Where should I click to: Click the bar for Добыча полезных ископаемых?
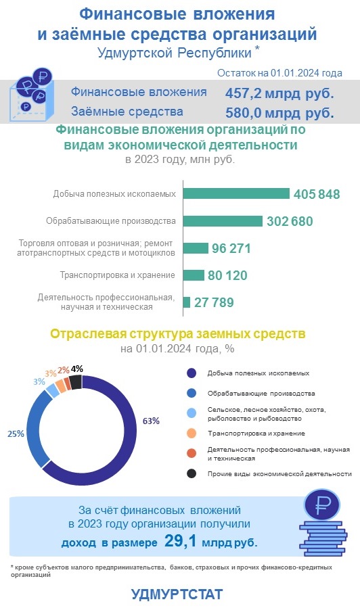pos(236,193)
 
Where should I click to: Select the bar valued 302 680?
pos(223,220)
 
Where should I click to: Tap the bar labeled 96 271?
pos(196,248)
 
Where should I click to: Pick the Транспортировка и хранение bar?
pos(194,275)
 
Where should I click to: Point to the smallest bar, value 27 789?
pos(187,302)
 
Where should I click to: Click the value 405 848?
pos(317,194)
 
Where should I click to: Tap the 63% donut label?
pos(151,421)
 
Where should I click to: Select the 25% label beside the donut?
pos(16,434)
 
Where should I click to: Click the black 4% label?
pos(77,369)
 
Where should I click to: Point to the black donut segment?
pos(76,382)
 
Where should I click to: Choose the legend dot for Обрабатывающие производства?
pos(192,393)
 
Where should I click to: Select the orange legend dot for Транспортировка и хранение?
pos(192,434)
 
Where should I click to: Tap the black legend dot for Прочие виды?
pos(192,473)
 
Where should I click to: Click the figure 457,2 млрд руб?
pos(279,93)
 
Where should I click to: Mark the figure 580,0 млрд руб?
pos(279,113)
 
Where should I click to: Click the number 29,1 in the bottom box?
pos(181,540)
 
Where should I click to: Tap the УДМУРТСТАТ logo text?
pos(177,594)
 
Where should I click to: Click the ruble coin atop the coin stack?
pos(322,505)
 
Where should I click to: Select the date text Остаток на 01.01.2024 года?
pos(279,73)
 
